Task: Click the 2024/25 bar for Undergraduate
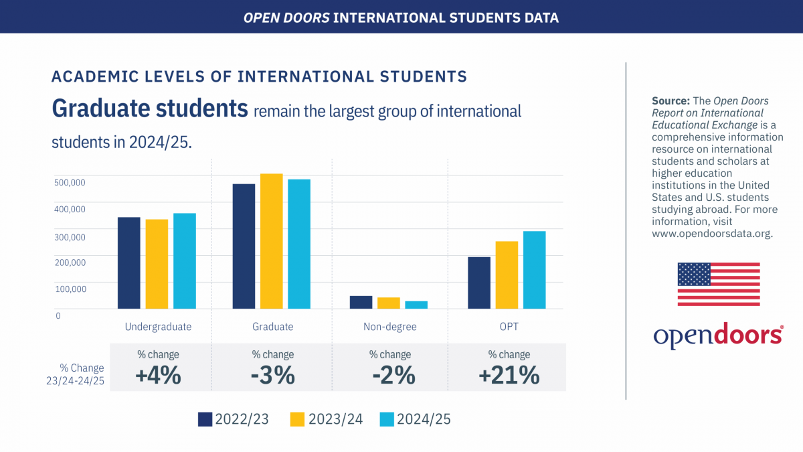(x=184, y=261)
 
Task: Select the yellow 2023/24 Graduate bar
(x=271, y=241)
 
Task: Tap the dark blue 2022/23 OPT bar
(x=479, y=283)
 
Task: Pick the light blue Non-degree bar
(x=416, y=305)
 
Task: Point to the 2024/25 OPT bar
(x=534, y=270)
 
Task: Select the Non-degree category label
(x=389, y=327)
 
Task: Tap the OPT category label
(x=509, y=327)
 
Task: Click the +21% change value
(x=509, y=375)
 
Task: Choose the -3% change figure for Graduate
(x=272, y=375)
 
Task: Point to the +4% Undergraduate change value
(x=158, y=375)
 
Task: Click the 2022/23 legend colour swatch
(x=205, y=419)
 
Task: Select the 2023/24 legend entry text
(x=335, y=419)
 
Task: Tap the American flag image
(x=718, y=284)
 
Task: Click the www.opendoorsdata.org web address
(x=712, y=234)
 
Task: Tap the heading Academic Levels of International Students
(x=259, y=76)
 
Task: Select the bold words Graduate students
(x=149, y=109)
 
